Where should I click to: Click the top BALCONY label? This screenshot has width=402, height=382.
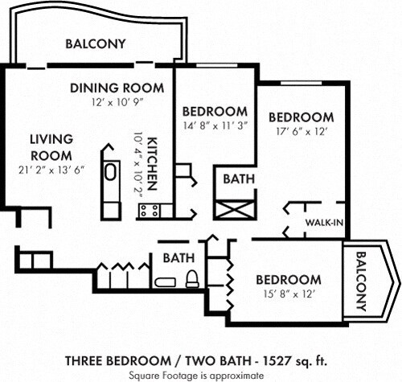[95, 43]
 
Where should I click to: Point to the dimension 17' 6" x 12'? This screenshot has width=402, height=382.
[301, 131]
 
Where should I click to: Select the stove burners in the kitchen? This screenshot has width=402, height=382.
[150, 211]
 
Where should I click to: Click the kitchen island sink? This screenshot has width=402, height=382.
[110, 171]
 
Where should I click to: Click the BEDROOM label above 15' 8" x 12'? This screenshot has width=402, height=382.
[288, 279]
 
